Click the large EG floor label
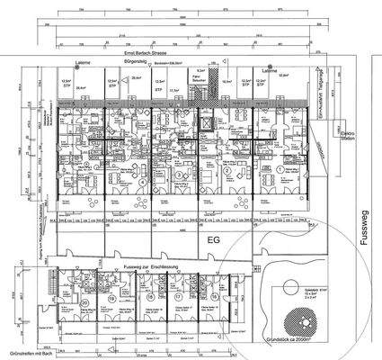214,242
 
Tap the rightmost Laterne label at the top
267,68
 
